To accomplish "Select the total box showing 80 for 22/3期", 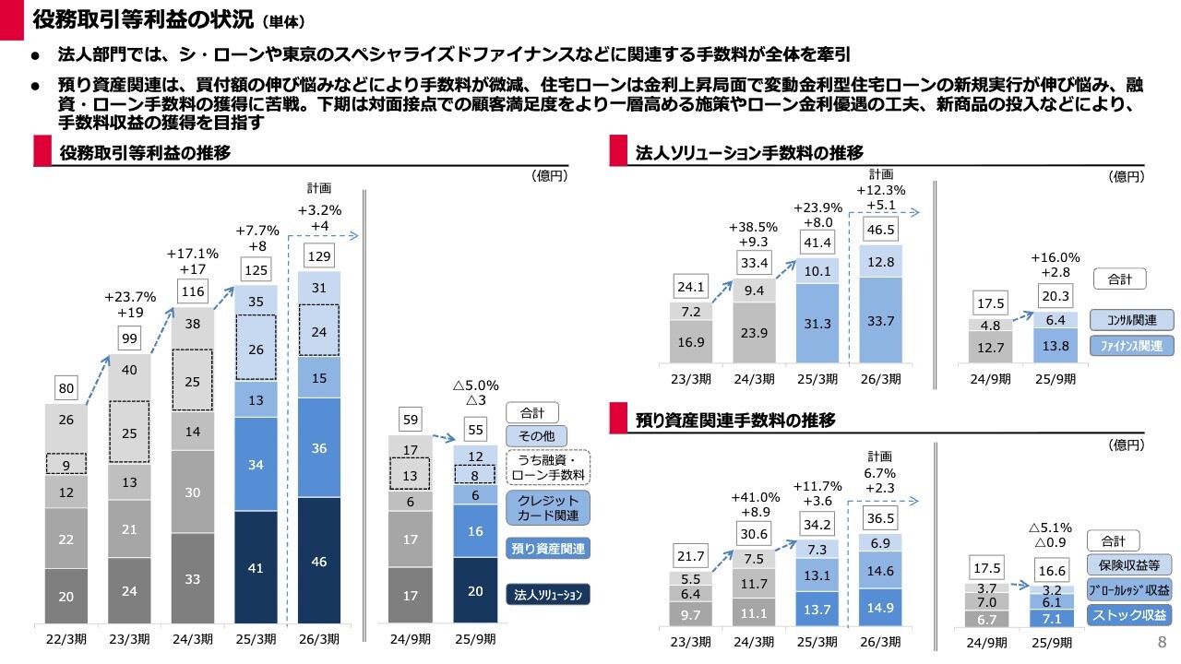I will [66, 389].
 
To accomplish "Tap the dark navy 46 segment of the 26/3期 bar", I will [319, 561].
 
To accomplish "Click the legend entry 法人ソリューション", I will [548, 594].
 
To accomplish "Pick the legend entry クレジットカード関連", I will [548, 507].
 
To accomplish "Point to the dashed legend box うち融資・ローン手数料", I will [548, 468].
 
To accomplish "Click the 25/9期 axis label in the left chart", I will [475, 637].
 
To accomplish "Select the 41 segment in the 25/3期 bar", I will [256, 568].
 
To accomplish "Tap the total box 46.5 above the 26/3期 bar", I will [881, 229].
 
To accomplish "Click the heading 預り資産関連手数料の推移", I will [736, 421].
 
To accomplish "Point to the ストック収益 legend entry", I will [1129, 615].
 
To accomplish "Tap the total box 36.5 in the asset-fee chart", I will [881, 518].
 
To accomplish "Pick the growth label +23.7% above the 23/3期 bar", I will [130, 297].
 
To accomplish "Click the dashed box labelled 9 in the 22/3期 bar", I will [66, 464].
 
